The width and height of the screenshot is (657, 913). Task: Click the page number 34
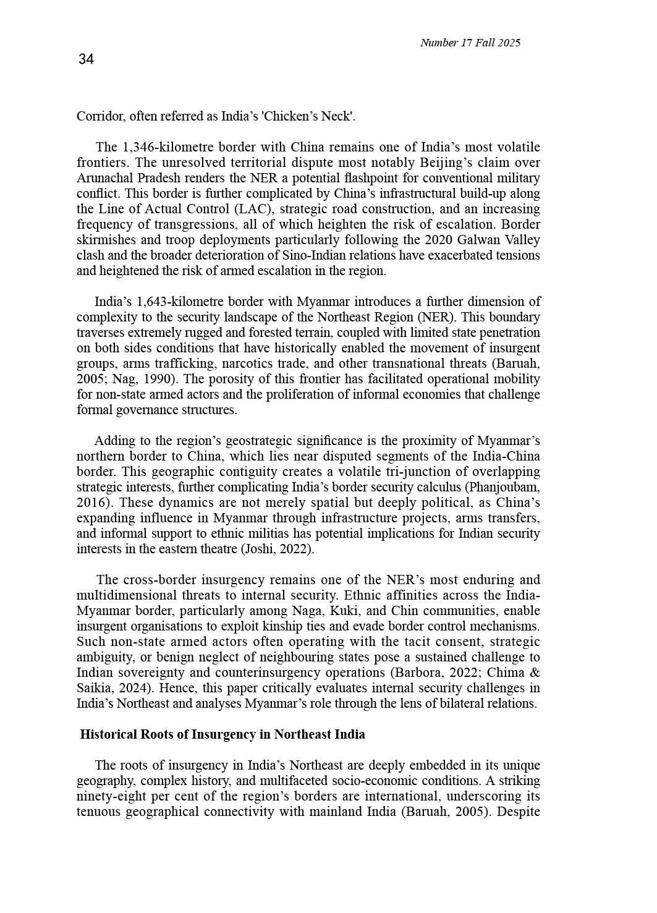[x=86, y=59]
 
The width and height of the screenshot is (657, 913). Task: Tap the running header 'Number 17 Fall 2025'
[x=470, y=43]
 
